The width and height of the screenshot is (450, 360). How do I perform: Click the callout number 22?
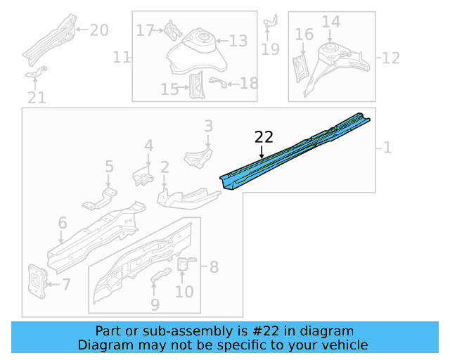pos(263,136)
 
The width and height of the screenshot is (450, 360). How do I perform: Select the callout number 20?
pos(99,30)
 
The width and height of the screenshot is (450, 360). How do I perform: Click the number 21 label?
pos(37,98)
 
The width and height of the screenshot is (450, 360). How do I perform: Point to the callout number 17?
pos(145,30)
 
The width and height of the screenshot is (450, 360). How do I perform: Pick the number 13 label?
pos(238,41)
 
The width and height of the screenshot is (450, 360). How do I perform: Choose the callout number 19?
pos(270,49)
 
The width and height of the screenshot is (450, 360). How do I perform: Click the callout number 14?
pos(330,22)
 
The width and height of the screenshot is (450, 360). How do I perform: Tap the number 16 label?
pos(304,34)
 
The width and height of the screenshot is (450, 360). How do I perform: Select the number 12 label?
pos(390,57)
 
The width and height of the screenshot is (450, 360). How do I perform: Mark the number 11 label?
pos(122,57)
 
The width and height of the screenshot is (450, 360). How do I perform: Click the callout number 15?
pos(169,89)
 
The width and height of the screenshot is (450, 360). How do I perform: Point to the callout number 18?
pos(249,83)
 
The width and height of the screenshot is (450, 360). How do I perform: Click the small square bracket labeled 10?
pos(184,264)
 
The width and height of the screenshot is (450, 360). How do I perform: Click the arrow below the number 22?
pos(262,150)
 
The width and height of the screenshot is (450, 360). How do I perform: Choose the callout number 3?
pos(208,126)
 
